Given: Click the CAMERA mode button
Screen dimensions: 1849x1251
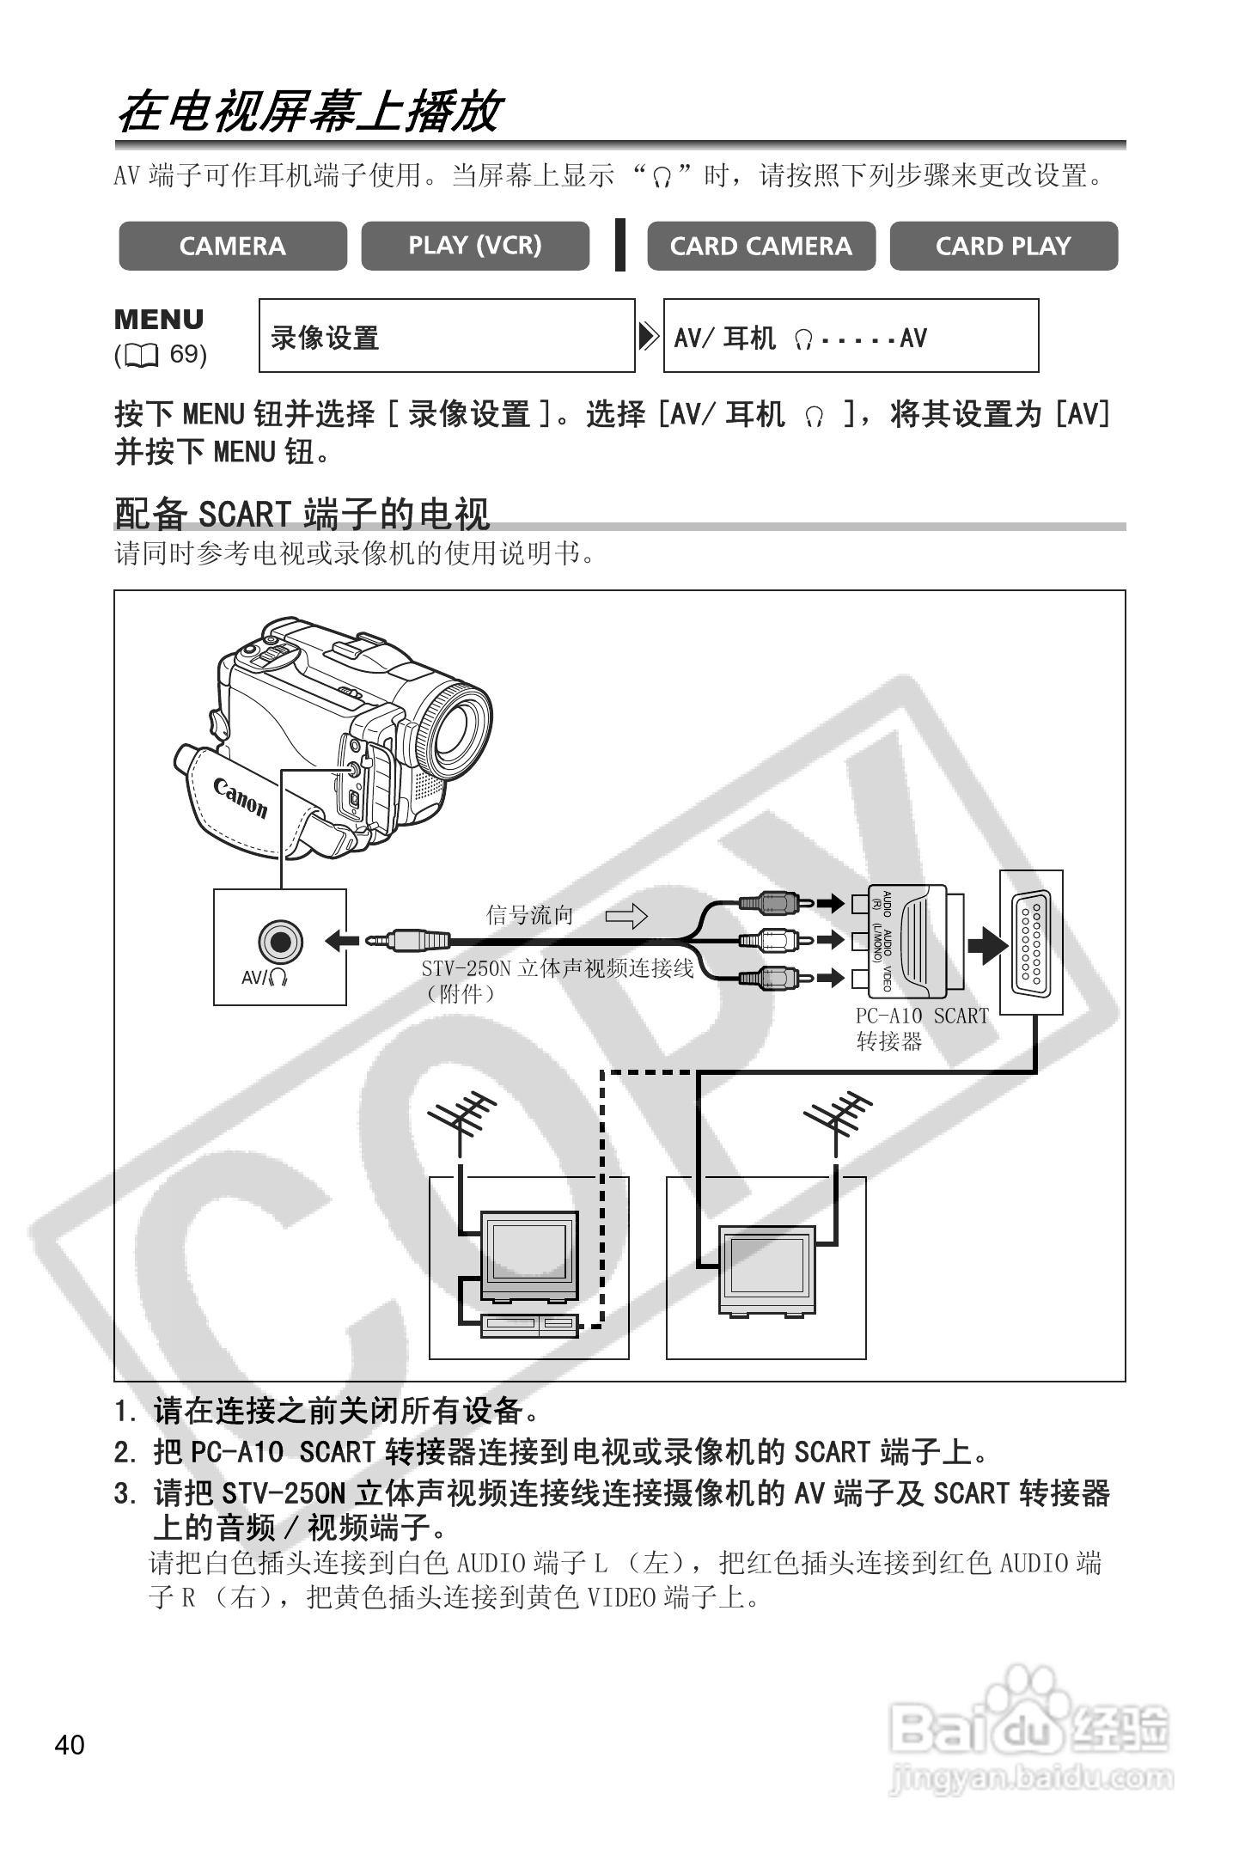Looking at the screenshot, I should (233, 247).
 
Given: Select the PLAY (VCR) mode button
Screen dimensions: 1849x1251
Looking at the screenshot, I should (475, 247).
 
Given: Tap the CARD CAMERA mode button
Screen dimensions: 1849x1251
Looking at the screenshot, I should (761, 247).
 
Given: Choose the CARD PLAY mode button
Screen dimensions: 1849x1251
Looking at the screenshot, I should (1004, 247).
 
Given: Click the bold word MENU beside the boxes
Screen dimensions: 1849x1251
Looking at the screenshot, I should (160, 320).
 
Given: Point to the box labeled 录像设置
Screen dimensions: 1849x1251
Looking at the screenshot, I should (447, 336).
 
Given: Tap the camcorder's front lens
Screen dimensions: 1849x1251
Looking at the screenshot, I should (457, 727).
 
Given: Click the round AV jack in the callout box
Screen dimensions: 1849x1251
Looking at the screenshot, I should (280, 942).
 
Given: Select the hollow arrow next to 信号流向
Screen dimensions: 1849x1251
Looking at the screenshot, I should (626, 916).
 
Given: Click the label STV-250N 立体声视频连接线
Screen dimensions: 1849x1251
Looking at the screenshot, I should (557, 969).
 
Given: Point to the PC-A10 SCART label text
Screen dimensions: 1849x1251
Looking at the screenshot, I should (922, 1016).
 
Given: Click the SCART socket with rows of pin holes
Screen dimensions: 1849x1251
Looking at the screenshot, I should (1031, 942).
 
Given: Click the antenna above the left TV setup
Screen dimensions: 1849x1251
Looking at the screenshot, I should (463, 1119).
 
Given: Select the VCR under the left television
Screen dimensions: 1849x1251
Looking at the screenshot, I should (529, 1325).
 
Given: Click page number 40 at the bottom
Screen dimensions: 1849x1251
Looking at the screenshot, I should (70, 1744).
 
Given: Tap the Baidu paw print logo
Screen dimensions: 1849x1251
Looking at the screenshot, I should (1028, 1692).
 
